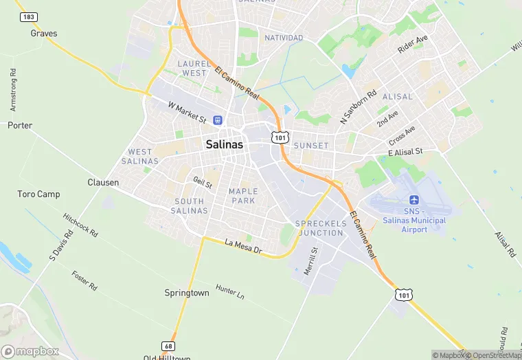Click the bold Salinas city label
[224, 145]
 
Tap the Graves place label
[44, 33]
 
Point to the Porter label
[20, 126]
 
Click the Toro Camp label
[38, 194]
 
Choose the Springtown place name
[187, 293]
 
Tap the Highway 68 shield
[168, 346]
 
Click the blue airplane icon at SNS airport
[414, 200]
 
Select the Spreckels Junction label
[319, 228]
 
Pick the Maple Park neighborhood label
[243, 196]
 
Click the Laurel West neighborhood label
[194, 68]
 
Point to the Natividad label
[284, 38]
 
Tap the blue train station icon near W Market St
[217, 120]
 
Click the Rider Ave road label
[412, 45]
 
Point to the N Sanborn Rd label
[359, 108]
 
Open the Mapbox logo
[30, 351]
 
